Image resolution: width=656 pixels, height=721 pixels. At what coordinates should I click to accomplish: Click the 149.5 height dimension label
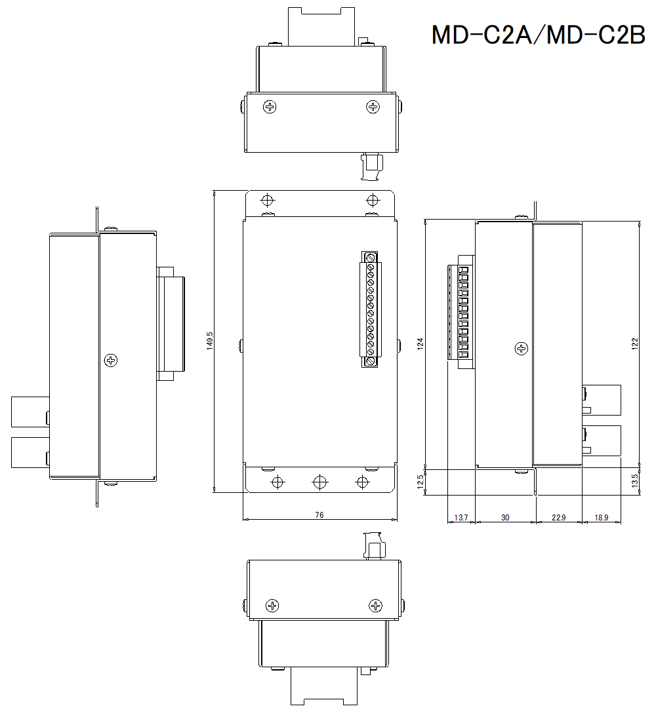click(x=210, y=341)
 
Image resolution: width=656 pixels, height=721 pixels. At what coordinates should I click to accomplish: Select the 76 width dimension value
click(x=319, y=515)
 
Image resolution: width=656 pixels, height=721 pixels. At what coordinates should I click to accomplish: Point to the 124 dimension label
click(x=420, y=343)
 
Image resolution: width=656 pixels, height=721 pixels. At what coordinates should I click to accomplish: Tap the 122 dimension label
click(x=634, y=343)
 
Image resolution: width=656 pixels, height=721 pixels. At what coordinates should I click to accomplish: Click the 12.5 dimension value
click(x=420, y=482)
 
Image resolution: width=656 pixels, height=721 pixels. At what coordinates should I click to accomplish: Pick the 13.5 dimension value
click(x=634, y=482)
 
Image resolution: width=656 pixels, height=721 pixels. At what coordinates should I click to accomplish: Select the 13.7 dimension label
click(x=461, y=518)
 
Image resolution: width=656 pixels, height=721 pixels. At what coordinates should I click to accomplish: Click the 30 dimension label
click(x=505, y=518)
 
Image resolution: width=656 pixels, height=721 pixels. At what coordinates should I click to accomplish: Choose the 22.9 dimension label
click(x=558, y=518)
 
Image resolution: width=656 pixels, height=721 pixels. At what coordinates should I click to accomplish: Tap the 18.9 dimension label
click(x=601, y=518)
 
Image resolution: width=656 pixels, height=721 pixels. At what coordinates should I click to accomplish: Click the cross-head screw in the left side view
click(x=111, y=360)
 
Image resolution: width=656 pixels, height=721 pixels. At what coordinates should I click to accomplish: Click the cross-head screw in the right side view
click(x=522, y=349)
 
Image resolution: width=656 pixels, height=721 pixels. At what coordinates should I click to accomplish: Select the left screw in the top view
click(x=270, y=107)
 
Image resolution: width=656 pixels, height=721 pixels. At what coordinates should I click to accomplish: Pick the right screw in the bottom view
click(x=375, y=606)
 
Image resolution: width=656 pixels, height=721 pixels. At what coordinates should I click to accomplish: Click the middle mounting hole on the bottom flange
click(x=319, y=482)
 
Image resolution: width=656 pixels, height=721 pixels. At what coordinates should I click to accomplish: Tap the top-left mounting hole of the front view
click(x=267, y=200)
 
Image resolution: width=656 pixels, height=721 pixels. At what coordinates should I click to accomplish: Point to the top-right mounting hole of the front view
click(x=373, y=200)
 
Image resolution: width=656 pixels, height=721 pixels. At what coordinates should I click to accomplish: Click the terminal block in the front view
click(x=371, y=309)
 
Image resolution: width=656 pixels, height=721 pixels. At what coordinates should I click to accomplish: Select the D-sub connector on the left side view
click(x=171, y=324)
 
